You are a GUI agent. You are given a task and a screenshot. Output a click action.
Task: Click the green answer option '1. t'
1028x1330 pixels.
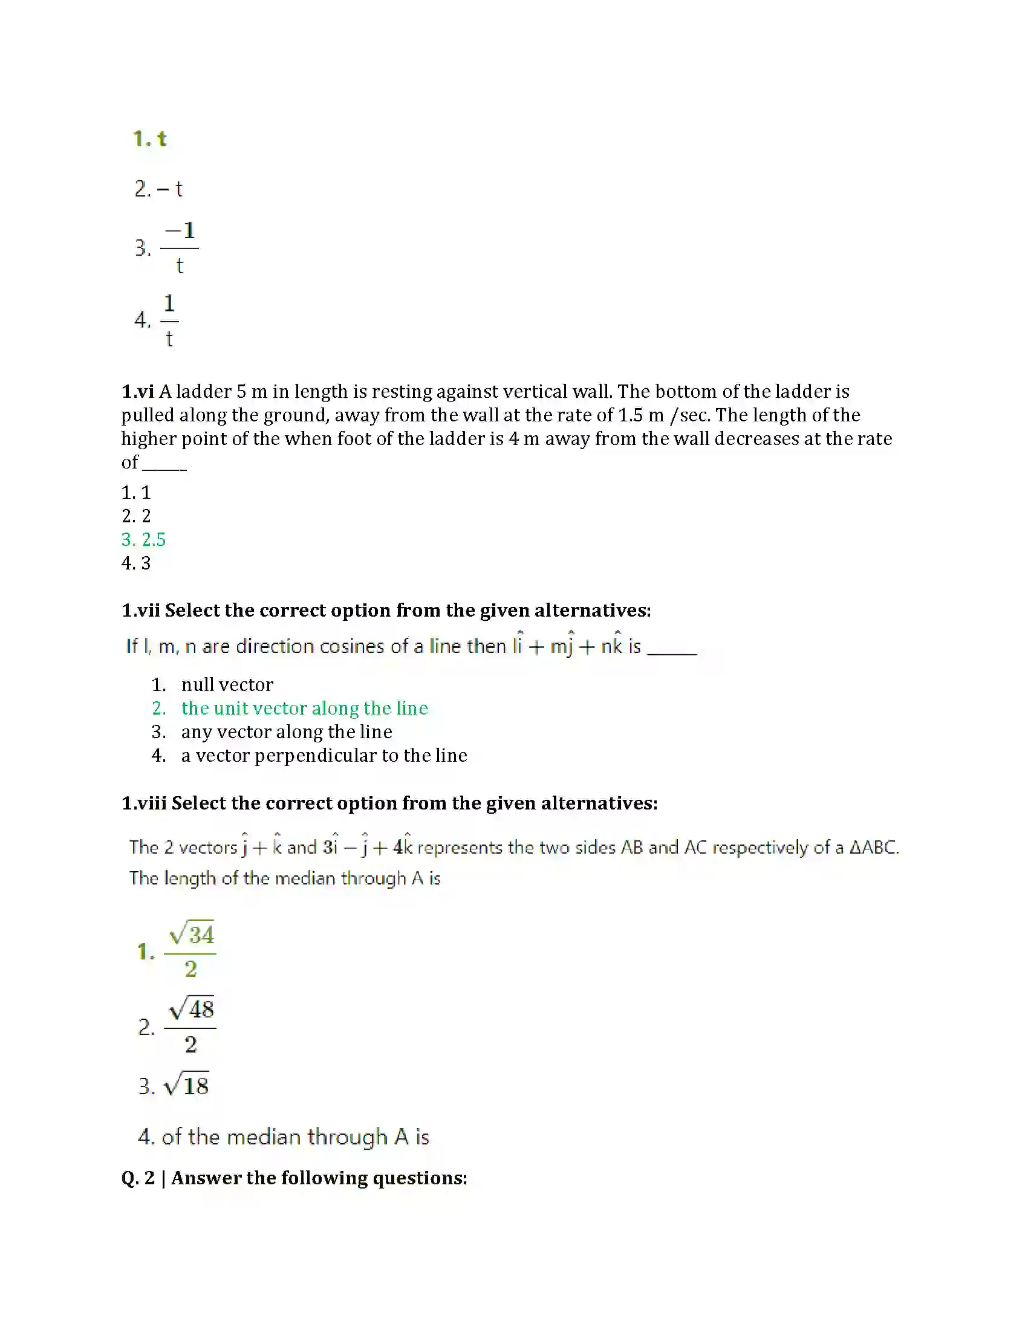pyautogui.click(x=150, y=139)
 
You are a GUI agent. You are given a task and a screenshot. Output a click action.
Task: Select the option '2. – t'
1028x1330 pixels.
pyautogui.click(x=158, y=189)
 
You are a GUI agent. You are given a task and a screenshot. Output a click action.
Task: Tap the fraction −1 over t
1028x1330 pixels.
pyautogui.click(x=179, y=248)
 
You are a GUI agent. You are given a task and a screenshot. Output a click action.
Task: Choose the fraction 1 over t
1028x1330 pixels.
pyautogui.click(x=169, y=320)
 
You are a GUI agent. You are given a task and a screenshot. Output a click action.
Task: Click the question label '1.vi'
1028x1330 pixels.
pyautogui.click(x=137, y=392)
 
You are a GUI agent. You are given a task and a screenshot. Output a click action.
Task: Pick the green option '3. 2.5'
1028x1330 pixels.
pyautogui.click(x=144, y=539)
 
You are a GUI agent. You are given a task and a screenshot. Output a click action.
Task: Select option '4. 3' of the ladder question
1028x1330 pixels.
pyautogui.click(x=136, y=563)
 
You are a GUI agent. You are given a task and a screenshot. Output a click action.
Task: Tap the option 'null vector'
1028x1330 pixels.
pyautogui.click(x=227, y=685)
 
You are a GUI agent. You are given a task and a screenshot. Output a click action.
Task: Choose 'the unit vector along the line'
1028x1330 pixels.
pyautogui.click(x=305, y=709)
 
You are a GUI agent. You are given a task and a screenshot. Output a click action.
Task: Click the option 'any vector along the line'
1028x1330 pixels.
pyautogui.click(x=286, y=732)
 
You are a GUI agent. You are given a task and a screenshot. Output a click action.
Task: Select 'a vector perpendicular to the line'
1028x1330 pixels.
pyautogui.click(x=324, y=756)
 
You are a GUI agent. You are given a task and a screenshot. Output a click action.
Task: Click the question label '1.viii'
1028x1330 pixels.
pyautogui.click(x=144, y=803)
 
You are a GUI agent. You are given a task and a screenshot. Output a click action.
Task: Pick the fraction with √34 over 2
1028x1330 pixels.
pyautogui.click(x=190, y=950)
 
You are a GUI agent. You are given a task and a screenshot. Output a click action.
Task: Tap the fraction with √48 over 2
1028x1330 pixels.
pyautogui.click(x=190, y=1026)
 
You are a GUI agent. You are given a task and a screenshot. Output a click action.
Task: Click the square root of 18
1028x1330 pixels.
pyautogui.click(x=187, y=1086)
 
